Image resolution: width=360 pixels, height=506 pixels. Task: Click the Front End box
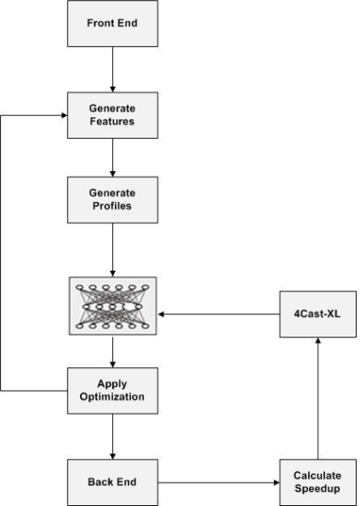click(x=112, y=23)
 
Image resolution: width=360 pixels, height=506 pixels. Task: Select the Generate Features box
click(x=112, y=115)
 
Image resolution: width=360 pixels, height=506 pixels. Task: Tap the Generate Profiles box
click(x=112, y=199)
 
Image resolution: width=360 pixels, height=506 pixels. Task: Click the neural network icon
click(x=112, y=306)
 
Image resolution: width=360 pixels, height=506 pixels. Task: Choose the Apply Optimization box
click(x=112, y=390)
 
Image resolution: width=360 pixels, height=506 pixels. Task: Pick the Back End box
click(x=112, y=482)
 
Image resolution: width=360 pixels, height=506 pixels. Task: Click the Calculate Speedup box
click(x=317, y=482)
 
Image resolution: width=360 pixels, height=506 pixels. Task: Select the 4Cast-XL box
click(x=317, y=314)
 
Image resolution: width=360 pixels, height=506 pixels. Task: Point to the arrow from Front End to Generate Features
click(x=112, y=69)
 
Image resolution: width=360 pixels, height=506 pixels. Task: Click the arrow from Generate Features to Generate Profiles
click(x=112, y=158)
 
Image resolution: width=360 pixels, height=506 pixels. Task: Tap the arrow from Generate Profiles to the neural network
click(x=112, y=250)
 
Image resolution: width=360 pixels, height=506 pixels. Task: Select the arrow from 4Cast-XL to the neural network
click(x=219, y=314)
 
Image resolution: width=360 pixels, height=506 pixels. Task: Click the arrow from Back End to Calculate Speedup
click(x=219, y=482)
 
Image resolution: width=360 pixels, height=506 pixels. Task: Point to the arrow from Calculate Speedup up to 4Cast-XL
click(x=317, y=398)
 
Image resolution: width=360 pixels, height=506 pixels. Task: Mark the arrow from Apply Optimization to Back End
click(x=112, y=437)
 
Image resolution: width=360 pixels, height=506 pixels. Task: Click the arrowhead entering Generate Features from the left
click(x=65, y=115)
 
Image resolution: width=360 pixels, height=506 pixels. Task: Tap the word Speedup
click(x=317, y=489)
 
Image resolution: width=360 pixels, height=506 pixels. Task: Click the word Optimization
click(x=111, y=397)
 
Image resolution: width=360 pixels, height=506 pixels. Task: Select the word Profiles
click(x=111, y=205)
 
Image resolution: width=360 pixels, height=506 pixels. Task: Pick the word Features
click(x=111, y=121)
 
